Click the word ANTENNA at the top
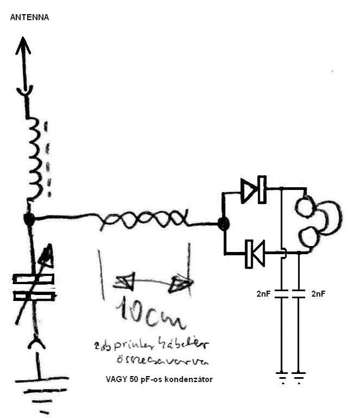coord(30,17)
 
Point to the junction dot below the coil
coord(29,219)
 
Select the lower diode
coord(255,253)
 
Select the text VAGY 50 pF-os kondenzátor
coord(159,378)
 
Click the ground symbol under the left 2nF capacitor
coord(281,376)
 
